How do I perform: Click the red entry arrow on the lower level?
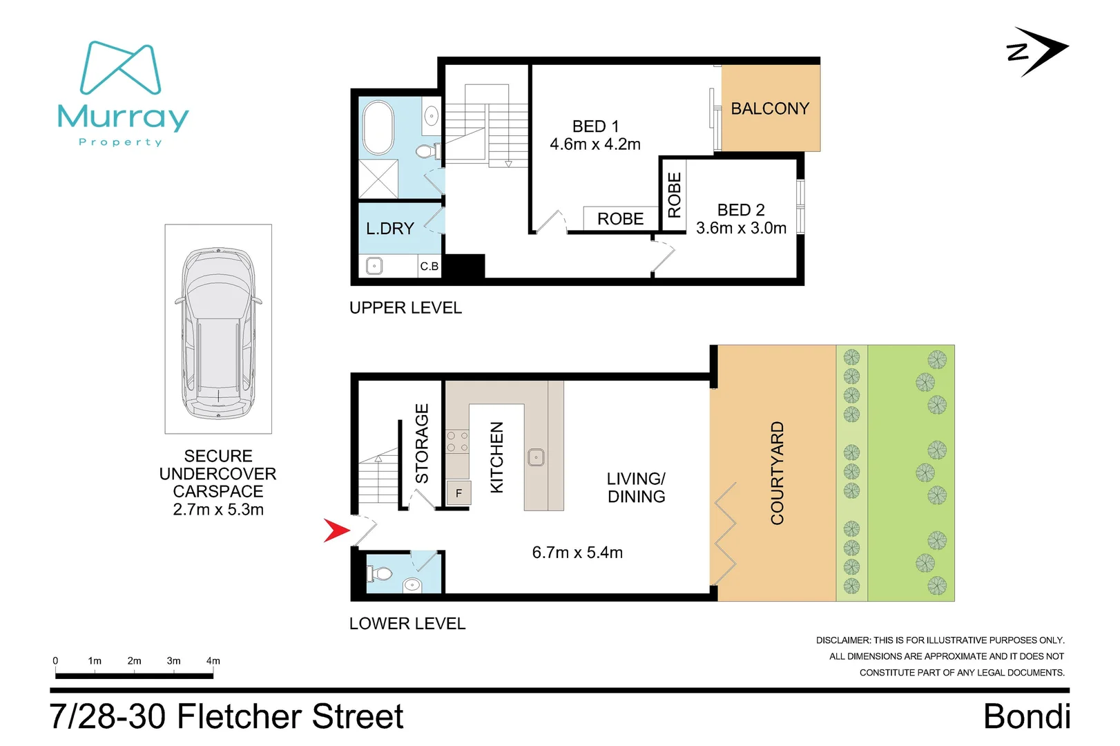(x=338, y=530)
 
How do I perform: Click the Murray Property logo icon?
(x=121, y=68)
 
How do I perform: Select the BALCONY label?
(x=770, y=108)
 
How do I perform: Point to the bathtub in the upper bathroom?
(x=378, y=128)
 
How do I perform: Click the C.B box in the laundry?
(x=429, y=266)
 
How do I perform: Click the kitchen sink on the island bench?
(x=536, y=457)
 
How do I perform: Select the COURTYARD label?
(x=777, y=473)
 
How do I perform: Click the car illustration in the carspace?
(x=218, y=334)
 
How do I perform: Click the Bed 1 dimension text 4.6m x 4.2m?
(x=595, y=144)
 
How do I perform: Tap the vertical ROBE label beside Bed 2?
(x=675, y=195)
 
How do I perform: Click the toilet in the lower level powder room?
(x=380, y=573)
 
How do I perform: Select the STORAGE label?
(x=422, y=443)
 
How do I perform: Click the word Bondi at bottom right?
(x=1027, y=716)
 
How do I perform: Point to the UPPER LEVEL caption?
(x=405, y=307)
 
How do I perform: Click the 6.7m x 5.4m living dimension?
(x=577, y=553)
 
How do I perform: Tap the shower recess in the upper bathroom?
(x=378, y=179)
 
